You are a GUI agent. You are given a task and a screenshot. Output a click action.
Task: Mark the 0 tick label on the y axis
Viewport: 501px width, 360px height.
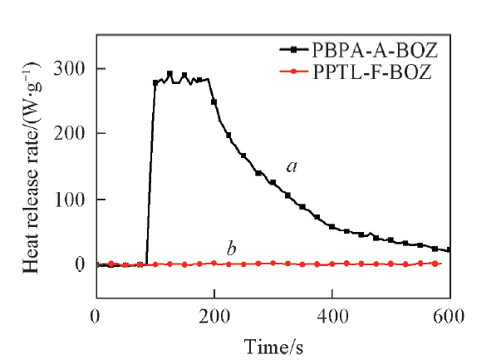[81, 264]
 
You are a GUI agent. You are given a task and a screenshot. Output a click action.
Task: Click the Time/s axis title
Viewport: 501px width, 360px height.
[272, 344]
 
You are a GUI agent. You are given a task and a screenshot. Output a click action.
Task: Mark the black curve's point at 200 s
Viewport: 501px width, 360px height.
[214, 101]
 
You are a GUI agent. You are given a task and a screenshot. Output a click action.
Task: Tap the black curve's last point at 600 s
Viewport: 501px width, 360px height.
[449, 250]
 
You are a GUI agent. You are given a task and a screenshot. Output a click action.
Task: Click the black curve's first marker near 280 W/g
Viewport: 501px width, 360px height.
[155, 82]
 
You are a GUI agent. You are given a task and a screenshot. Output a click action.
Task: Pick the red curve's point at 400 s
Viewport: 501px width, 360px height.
[332, 264]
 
